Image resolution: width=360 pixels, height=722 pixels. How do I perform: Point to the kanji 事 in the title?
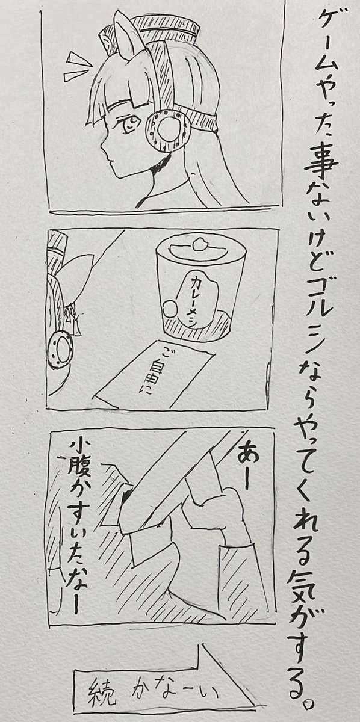point(320,164)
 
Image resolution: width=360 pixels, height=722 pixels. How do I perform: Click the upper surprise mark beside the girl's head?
point(78,60)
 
